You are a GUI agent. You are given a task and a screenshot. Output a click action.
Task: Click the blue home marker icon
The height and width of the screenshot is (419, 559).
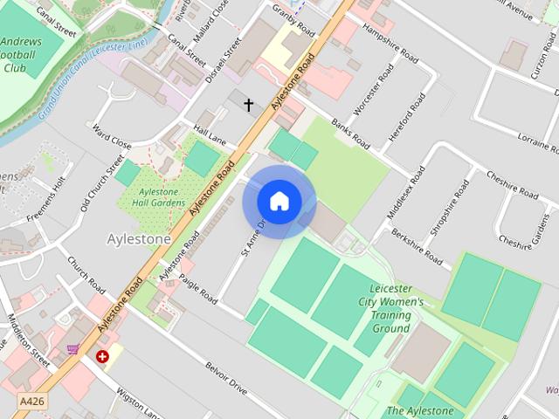pos(279,202)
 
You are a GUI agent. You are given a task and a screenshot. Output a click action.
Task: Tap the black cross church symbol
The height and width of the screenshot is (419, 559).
pos(248,106)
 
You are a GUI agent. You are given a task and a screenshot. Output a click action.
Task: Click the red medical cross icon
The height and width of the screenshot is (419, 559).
pos(103,356)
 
